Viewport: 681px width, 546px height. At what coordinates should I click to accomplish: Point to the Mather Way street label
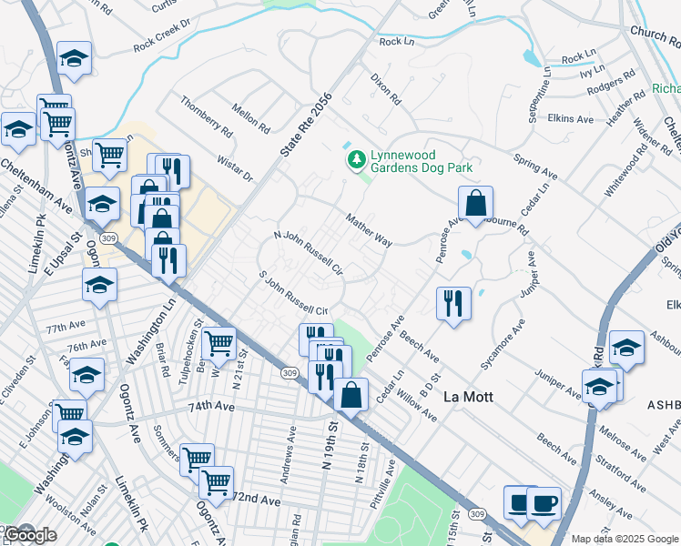(x=369, y=230)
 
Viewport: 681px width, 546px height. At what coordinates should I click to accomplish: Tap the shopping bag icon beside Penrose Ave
(x=475, y=205)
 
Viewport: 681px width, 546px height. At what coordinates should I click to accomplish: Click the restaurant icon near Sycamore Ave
(x=452, y=305)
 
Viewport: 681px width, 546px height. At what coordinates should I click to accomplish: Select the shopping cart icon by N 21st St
(x=219, y=345)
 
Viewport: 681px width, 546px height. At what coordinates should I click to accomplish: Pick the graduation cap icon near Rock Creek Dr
(x=73, y=60)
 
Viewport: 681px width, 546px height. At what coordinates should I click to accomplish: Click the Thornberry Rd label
(x=206, y=117)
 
